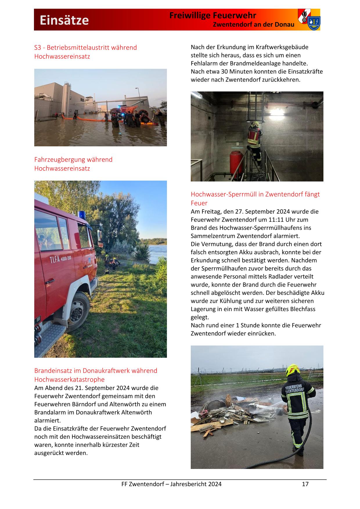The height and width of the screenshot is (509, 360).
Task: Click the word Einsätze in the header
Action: tap(64, 20)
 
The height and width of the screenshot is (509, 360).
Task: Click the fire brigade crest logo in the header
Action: tap(309, 19)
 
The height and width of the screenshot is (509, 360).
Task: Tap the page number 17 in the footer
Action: tap(305, 484)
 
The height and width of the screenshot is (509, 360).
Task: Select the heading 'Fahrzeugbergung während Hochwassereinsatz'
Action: tap(73, 164)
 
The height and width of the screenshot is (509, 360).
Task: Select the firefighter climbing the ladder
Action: tap(255, 142)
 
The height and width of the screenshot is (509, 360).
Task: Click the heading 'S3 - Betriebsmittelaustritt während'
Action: tap(85, 48)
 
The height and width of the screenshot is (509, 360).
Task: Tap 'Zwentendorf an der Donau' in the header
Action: tap(253, 25)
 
